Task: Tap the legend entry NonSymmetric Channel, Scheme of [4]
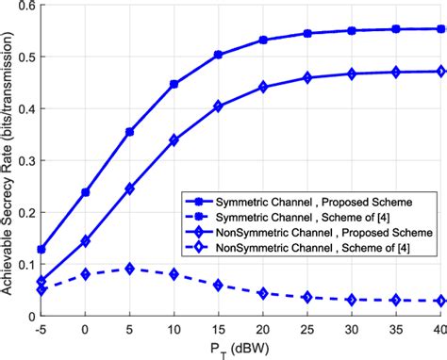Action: coord(303,247)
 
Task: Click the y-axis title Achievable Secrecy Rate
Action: coord(11,160)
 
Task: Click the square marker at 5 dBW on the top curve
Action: coord(129,132)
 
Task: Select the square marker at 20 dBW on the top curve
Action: coord(263,41)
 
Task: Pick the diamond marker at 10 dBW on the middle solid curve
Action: coord(174,140)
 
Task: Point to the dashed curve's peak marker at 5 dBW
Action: coord(129,270)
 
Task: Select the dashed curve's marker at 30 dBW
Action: coord(351,300)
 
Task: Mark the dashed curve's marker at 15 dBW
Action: coord(218,285)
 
